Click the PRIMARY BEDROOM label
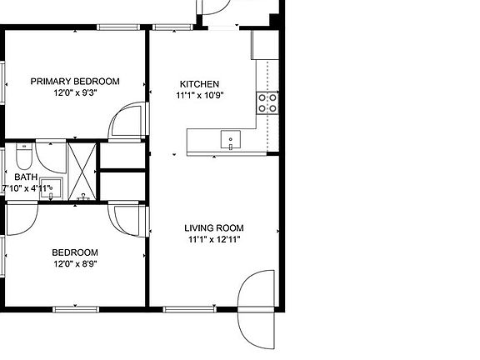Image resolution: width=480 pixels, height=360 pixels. point(75,81)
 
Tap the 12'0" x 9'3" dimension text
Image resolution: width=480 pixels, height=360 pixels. point(75,93)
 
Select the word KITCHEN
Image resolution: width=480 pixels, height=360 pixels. point(200,83)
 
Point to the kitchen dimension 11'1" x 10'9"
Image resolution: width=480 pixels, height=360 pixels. point(200,95)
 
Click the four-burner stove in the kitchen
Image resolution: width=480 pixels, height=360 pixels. point(267,102)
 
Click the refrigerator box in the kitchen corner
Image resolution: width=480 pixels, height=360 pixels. point(264,46)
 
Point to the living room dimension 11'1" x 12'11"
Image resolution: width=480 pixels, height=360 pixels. point(216,241)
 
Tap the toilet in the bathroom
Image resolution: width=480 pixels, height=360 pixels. point(22,156)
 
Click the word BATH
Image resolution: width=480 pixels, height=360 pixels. point(25,177)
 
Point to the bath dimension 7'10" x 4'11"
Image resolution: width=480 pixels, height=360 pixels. point(28,188)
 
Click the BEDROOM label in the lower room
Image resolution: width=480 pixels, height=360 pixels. point(75,252)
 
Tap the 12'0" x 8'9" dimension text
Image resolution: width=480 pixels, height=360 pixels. point(75,265)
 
